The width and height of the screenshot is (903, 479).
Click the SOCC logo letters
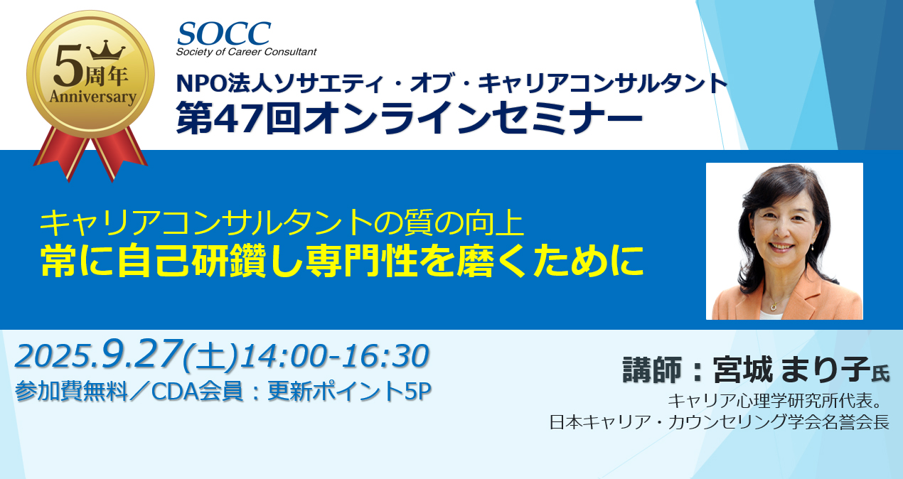tap(224, 33)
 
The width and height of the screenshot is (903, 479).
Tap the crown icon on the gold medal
tap(106, 50)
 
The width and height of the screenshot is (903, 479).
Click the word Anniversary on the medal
tap(92, 97)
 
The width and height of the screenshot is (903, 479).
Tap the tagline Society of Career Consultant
tap(246, 52)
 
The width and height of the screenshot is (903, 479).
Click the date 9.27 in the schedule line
tap(141, 354)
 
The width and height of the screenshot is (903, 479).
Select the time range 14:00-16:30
tap(334, 356)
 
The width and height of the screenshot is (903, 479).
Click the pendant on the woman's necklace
tap(774, 307)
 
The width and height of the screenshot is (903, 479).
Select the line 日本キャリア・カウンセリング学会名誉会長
tap(719, 422)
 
